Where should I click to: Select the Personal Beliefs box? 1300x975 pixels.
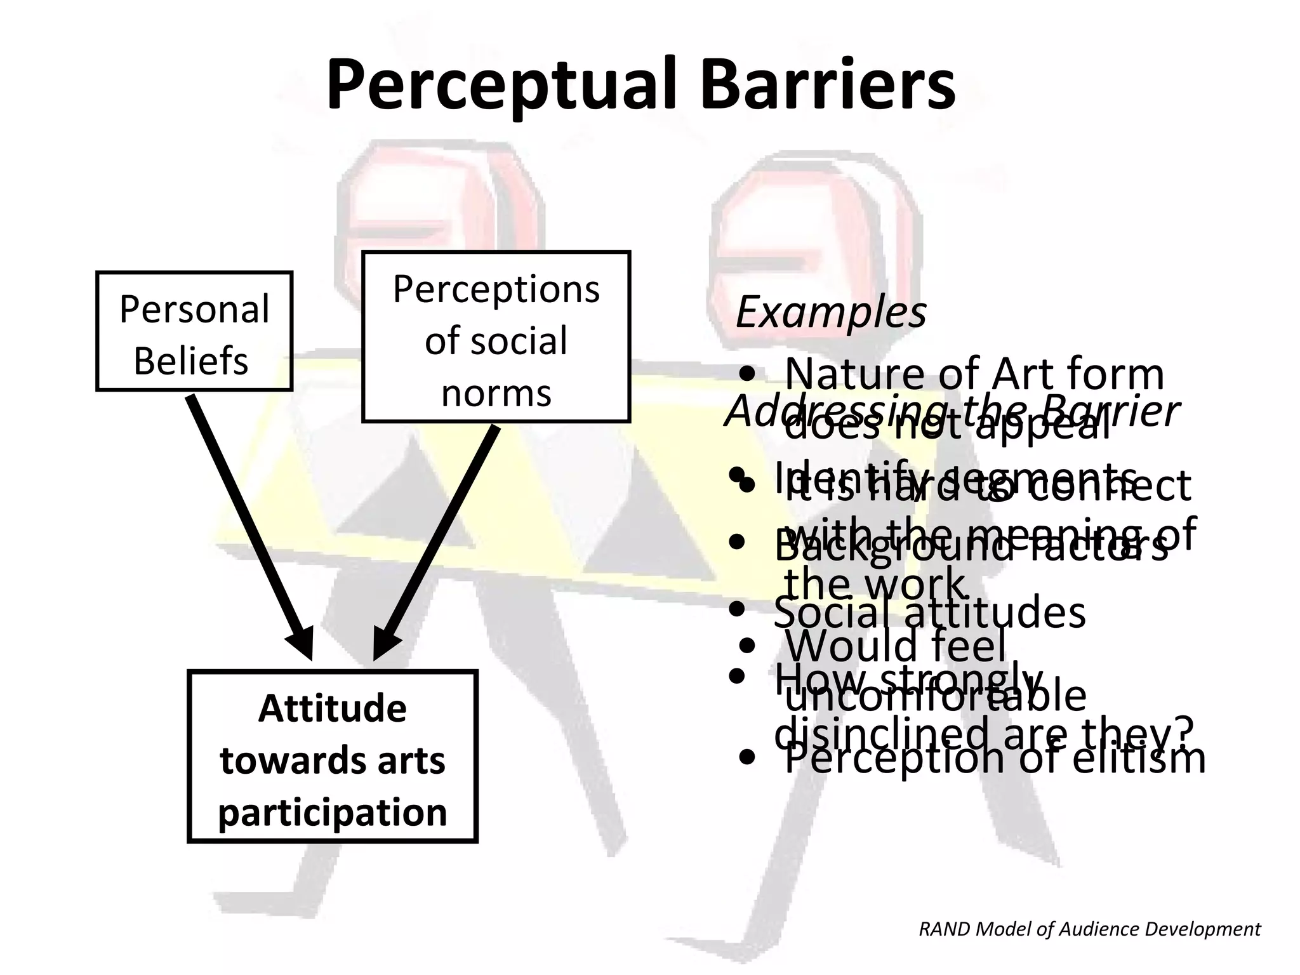[x=194, y=331]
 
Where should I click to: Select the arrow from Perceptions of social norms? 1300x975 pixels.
[x=438, y=540]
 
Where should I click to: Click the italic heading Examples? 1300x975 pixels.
[x=830, y=312]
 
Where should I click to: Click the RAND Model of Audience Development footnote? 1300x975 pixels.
[x=1089, y=929]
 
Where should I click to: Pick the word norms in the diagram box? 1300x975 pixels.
[x=496, y=393]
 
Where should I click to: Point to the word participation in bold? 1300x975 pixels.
[x=332, y=812]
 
